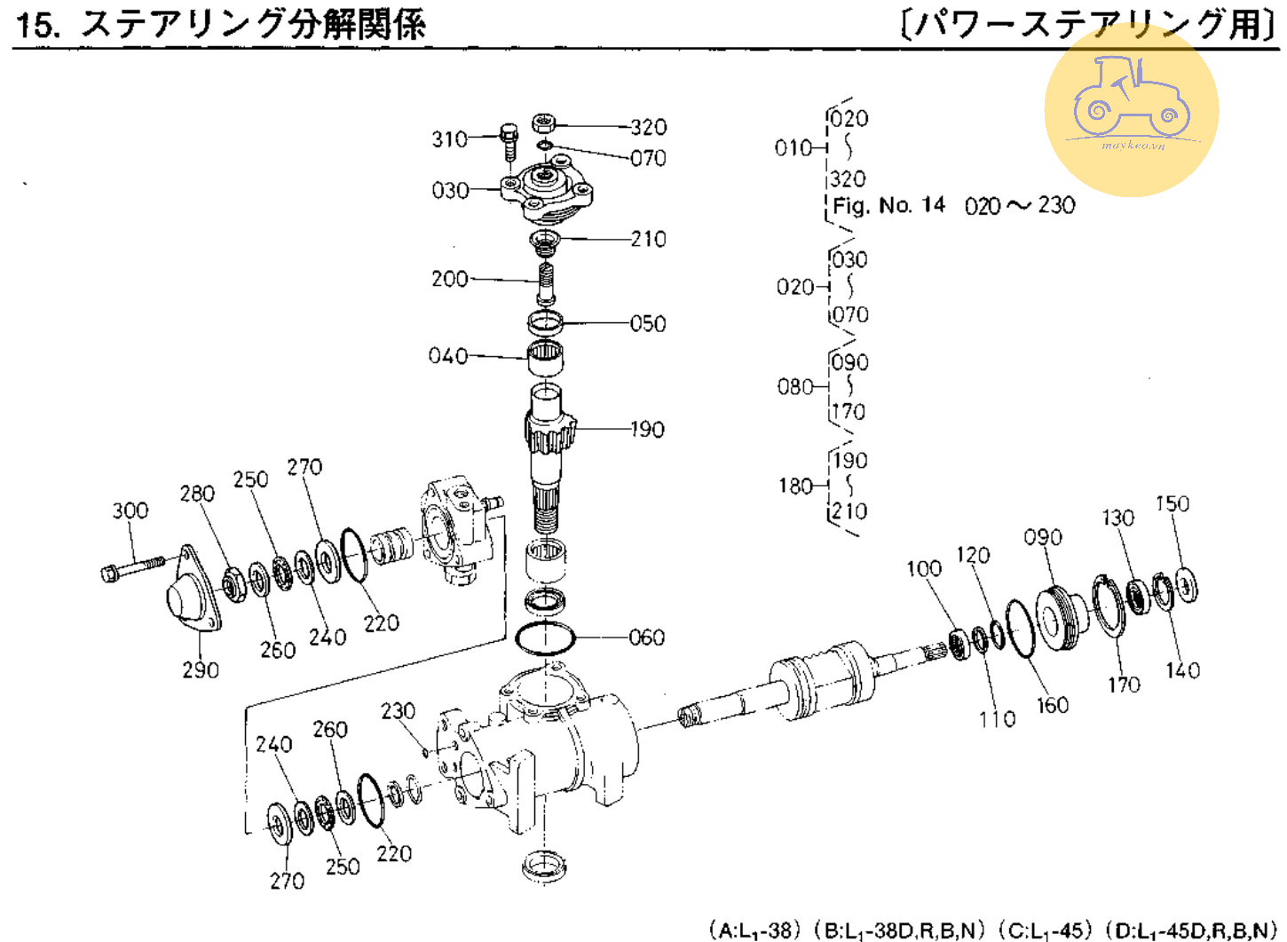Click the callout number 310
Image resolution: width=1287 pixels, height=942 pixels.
(x=450, y=139)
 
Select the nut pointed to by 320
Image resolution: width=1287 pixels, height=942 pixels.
(x=543, y=123)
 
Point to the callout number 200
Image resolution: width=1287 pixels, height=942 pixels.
(x=450, y=280)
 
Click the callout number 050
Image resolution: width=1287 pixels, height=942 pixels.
(x=648, y=324)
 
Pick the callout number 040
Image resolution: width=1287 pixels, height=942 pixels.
(x=448, y=356)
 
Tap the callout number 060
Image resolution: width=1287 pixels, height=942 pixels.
(x=647, y=637)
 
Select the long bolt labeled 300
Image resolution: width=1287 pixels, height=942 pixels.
(x=132, y=566)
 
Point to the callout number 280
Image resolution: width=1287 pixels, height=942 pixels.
(x=197, y=494)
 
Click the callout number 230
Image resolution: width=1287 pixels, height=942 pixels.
(x=399, y=711)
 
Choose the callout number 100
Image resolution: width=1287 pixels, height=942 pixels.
(x=925, y=569)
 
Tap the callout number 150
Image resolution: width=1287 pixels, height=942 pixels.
(x=1173, y=504)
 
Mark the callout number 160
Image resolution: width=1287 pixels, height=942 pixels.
(x=1053, y=705)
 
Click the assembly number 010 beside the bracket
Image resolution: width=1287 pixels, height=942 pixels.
(x=793, y=148)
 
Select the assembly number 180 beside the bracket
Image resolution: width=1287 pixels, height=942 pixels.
(x=796, y=487)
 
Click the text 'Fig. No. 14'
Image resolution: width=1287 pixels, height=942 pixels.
(x=888, y=205)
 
